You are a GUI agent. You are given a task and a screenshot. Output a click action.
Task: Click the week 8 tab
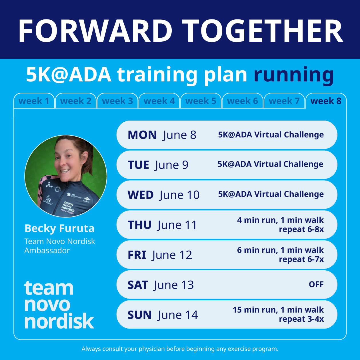pos(326,101)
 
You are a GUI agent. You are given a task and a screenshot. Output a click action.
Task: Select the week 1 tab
pos(34,101)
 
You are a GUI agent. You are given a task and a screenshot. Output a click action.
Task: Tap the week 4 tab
pos(159,101)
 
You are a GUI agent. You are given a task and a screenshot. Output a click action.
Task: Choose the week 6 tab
pos(242,101)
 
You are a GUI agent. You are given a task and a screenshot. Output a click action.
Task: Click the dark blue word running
pos(294,75)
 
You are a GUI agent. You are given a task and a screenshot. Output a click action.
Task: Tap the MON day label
pos(142,135)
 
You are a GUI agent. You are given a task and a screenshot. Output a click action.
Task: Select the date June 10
pos(180,195)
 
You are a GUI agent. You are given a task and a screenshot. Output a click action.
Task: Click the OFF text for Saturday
pos(316,285)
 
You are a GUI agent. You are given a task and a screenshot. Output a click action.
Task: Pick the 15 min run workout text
pos(278,314)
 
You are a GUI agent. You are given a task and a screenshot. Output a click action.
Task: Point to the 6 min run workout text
pos(280,255)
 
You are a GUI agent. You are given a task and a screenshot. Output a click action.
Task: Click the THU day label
pos(139,225)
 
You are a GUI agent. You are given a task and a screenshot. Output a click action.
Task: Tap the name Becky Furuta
pos(59,228)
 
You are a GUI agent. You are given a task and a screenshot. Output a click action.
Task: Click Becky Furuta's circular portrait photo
pos(66,176)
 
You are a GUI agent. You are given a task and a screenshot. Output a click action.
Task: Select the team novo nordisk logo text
pos(59,305)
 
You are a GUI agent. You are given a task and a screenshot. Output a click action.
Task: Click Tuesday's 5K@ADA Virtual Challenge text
pos(270,164)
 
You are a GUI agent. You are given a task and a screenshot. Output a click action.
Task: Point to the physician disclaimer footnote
pos(180,349)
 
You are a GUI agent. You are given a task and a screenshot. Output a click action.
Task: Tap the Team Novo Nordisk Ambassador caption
pos(59,246)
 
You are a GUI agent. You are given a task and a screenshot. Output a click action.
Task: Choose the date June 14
pos(178,315)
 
